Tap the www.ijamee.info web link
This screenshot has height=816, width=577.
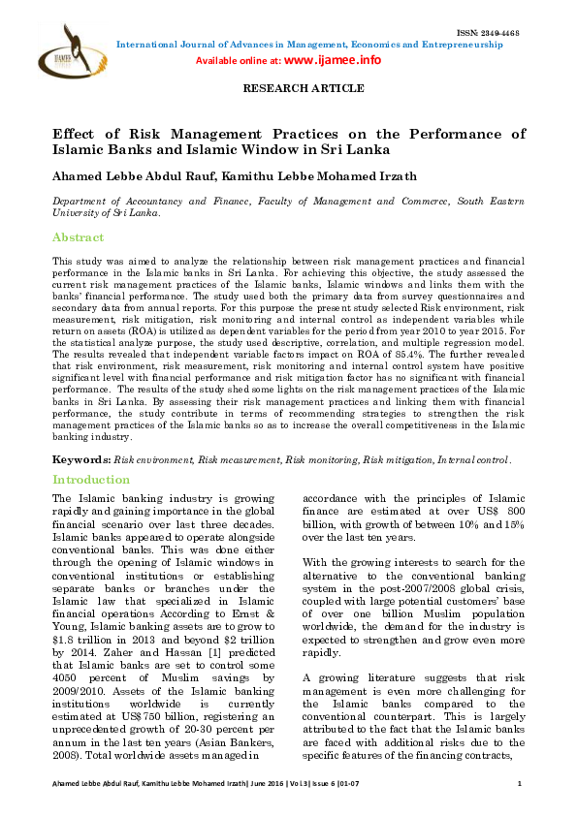(x=332, y=60)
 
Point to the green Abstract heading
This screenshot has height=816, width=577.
(x=78, y=237)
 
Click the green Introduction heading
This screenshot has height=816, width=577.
(x=90, y=480)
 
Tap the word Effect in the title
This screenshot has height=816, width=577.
(x=77, y=135)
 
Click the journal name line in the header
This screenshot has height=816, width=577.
(x=316, y=43)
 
